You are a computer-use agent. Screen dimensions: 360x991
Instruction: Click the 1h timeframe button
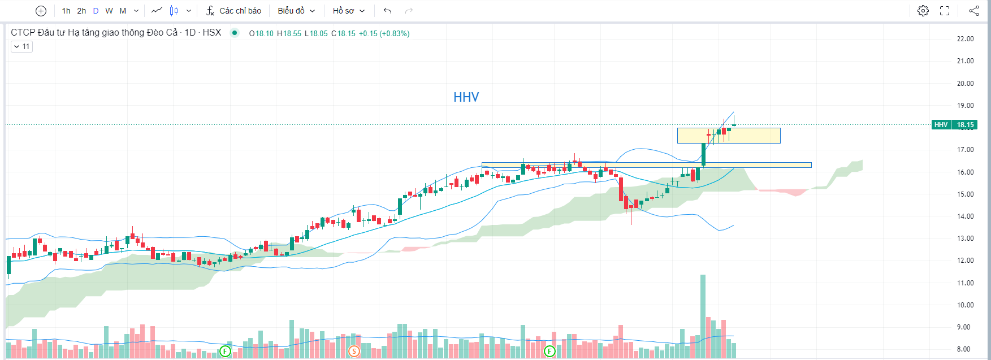[66, 11]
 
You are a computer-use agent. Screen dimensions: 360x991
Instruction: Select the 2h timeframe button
[81, 11]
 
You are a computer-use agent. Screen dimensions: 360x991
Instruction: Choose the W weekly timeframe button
[109, 11]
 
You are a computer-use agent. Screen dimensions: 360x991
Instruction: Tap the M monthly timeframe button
[123, 11]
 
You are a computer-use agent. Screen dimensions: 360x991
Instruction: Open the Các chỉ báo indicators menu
[233, 11]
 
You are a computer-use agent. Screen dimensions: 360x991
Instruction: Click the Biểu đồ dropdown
[296, 11]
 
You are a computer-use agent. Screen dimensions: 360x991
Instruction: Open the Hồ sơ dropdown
[348, 11]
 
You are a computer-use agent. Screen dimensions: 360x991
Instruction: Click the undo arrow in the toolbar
[387, 11]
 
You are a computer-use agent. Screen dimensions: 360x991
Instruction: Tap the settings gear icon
[923, 11]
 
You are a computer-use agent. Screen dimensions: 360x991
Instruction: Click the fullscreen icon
[945, 11]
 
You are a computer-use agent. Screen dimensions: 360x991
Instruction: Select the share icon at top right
[973, 11]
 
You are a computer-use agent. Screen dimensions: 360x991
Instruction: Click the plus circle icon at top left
[41, 11]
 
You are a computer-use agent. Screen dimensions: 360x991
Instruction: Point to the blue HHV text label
[466, 97]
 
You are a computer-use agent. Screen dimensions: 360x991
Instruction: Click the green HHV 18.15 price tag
[954, 125]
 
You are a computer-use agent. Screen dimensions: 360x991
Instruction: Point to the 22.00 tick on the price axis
[965, 39]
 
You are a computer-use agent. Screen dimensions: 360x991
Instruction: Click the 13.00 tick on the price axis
[965, 238]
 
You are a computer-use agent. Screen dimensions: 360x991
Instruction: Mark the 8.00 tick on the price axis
[965, 349]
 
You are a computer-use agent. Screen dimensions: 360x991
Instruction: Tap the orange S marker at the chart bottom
[354, 352]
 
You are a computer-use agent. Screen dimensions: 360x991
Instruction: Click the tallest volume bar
[703, 316]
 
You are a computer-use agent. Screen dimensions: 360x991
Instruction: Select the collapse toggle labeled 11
[21, 46]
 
